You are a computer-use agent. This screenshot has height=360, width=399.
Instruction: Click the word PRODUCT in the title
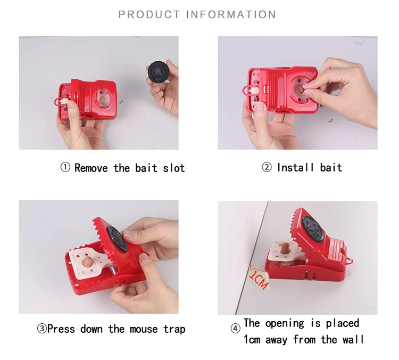click(x=149, y=14)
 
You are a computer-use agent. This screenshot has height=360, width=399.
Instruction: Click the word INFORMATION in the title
click(x=231, y=14)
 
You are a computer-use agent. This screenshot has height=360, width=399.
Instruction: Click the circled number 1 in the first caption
click(x=65, y=168)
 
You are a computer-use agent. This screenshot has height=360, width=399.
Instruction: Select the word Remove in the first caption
click(x=92, y=168)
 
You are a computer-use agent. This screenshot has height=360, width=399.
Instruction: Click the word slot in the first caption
click(x=173, y=168)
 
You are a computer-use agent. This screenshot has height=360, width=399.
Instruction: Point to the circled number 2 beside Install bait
click(x=267, y=168)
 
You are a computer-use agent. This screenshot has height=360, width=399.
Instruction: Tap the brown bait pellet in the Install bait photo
click(x=301, y=90)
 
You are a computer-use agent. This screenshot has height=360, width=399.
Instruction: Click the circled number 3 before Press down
click(x=41, y=329)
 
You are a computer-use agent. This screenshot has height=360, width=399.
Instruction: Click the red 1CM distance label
click(x=259, y=278)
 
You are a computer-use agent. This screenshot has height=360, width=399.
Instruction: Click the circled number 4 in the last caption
click(x=236, y=329)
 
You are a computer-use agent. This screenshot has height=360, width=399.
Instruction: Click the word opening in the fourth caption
click(x=284, y=323)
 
